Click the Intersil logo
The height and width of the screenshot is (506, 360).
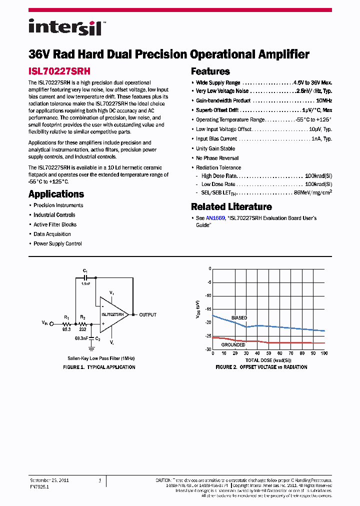(65, 27)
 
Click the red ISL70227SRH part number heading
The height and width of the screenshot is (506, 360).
(59, 71)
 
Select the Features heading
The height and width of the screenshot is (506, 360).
(210, 71)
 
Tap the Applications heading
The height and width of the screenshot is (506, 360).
(56, 194)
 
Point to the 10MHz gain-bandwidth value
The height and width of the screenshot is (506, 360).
(324, 100)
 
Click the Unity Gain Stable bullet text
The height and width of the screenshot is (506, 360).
(215, 148)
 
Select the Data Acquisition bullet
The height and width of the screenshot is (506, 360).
(52, 234)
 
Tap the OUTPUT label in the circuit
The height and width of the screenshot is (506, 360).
(147, 314)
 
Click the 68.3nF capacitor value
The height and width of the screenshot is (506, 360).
(81, 338)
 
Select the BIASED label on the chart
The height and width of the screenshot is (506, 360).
(239, 317)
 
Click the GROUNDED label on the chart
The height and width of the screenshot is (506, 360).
(233, 344)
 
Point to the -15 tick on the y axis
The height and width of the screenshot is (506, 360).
(208, 309)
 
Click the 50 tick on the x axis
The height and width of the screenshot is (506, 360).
(268, 353)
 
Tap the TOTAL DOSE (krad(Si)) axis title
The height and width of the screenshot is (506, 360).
(268, 360)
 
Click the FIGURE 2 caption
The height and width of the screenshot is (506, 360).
(261, 367)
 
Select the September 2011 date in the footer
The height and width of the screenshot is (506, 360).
(49, 480)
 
